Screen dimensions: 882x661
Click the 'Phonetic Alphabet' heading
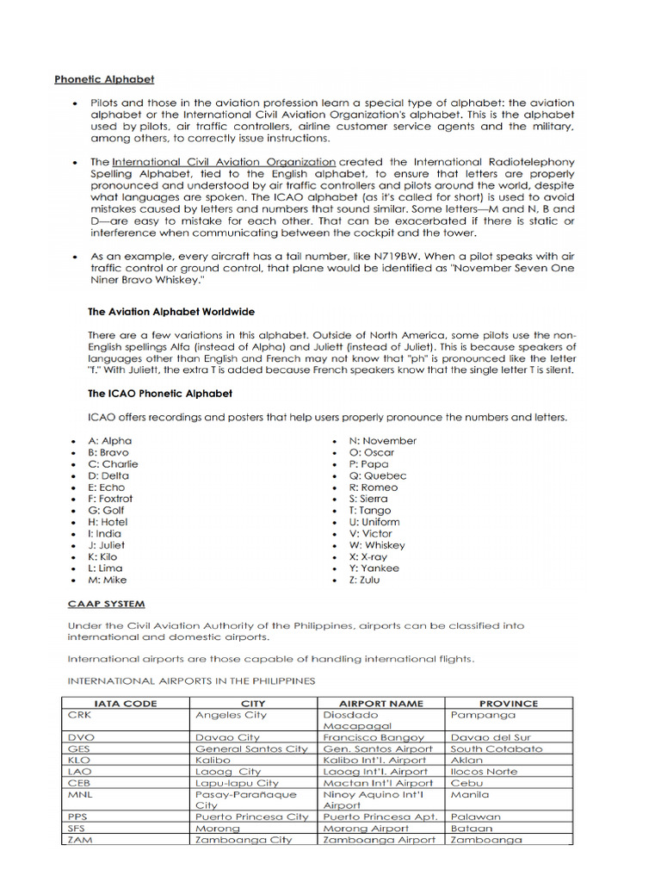point(104,79)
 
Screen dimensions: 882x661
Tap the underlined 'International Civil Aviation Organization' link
point(224,161)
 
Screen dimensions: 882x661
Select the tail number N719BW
point(487,257)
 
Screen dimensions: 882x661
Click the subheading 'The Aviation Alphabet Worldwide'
point(171,312)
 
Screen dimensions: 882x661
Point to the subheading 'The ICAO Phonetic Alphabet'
point(160,394)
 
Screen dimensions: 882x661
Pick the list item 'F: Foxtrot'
point(111,499)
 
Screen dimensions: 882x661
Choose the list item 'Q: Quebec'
point(378,475)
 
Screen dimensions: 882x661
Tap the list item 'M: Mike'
point(108,580)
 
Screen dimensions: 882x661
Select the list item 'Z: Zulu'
point(364,580)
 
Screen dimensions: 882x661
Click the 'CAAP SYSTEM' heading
point(106,604)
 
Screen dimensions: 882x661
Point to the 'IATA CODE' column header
point(126,703)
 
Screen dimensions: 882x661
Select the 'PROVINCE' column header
point(508,703)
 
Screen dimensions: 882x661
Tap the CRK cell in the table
point(79,715)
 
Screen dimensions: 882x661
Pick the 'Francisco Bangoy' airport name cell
point(374,737)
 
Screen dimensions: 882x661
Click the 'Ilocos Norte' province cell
point(485,772)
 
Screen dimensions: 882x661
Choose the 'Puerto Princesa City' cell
point(251,817)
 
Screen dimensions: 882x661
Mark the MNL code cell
point(80,794)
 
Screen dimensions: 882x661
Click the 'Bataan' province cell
point(473,828)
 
